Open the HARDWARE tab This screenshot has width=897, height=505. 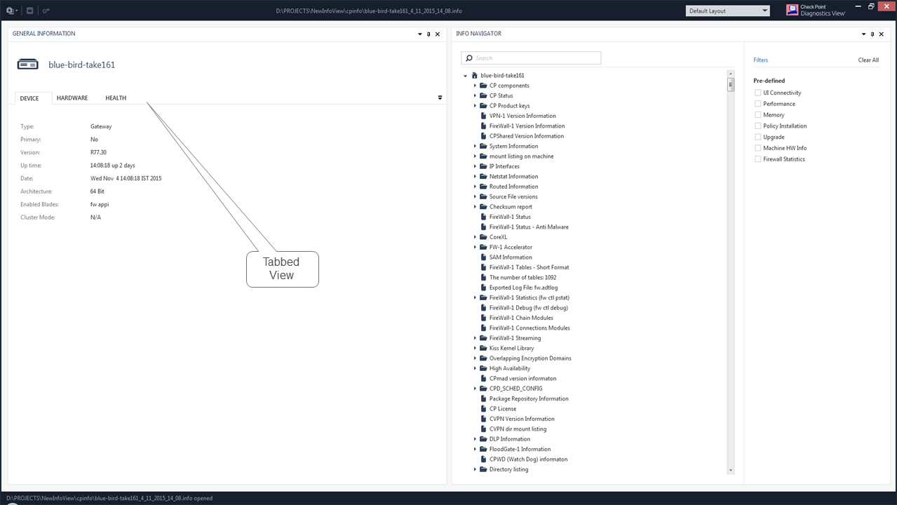72,97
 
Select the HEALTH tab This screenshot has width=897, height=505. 116,97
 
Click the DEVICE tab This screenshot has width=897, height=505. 29,98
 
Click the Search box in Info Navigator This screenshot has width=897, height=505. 531,58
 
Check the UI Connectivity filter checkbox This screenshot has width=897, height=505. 757,93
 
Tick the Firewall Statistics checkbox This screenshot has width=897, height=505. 757,159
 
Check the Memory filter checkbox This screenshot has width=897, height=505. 757,115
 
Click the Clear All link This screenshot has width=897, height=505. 868,60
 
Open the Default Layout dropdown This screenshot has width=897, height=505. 727,11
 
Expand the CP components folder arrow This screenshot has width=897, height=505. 475,86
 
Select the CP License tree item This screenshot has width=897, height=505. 503,408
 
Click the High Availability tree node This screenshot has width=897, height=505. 509,368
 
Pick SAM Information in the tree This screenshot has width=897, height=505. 511,257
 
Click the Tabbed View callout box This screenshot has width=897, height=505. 283,269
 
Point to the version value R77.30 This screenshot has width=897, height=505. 98,152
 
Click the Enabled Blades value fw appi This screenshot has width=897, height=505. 100,204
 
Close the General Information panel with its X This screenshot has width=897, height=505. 438,34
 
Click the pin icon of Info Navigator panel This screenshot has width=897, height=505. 872,34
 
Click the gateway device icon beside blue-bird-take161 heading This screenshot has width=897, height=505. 27,64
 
